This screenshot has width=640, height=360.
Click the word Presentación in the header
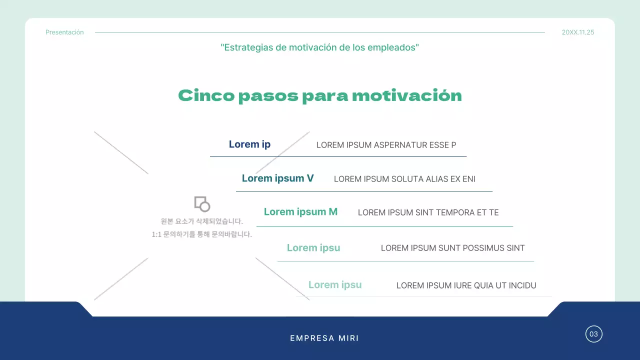pos(64,32)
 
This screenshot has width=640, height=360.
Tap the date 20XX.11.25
pos(578,32)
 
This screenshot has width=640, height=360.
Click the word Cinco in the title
pos(206,95)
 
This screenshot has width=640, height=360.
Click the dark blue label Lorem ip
pos(249,144)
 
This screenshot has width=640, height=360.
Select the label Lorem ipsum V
pos(277,178)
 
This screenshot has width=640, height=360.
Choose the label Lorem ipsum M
pos(300,212)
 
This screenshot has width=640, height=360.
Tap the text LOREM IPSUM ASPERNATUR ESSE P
pos(386,145)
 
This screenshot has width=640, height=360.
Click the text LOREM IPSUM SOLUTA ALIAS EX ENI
pos(404,179)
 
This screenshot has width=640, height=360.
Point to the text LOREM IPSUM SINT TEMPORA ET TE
pos(428,212)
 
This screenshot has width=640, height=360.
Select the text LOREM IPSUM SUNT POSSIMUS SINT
pos(452,248)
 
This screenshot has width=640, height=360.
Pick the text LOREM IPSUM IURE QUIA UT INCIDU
pos(466,285)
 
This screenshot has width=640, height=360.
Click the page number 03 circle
pos(593,334)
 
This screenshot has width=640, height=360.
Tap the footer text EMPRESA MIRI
pos(324,338)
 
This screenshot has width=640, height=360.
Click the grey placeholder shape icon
pos(202,203)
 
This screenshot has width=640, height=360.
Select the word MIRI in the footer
pos(348,338)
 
